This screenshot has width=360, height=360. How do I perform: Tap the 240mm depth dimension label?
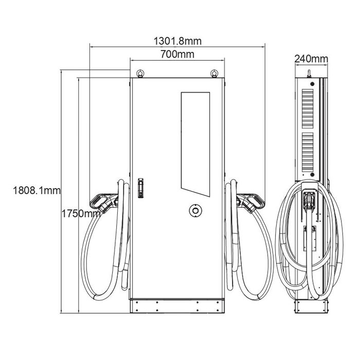pyautogui.click(x=311, y=59)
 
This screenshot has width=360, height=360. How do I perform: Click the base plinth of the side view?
pyautogui.click(x=310, y=307)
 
